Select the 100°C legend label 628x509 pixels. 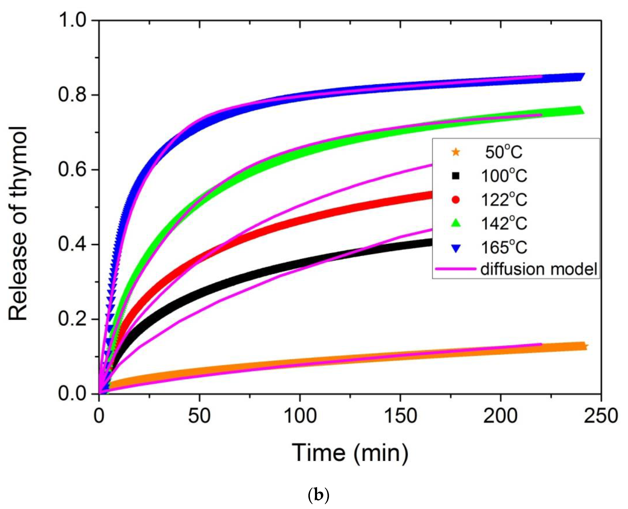pos(504,176)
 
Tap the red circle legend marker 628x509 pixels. pos(456,200)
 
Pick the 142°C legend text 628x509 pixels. pos(504,223)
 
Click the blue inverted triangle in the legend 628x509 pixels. pos(456,248)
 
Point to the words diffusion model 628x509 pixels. pos(538,269)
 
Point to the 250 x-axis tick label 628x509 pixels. pos(601,416)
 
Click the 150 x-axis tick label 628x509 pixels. pos(400,416)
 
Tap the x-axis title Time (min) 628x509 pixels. pos(350,453)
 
